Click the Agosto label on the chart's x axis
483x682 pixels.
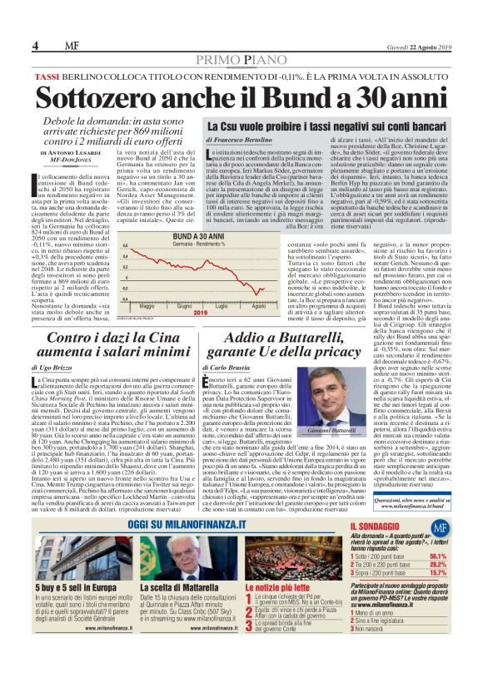point(261,307)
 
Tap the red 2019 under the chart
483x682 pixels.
point(200,314)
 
